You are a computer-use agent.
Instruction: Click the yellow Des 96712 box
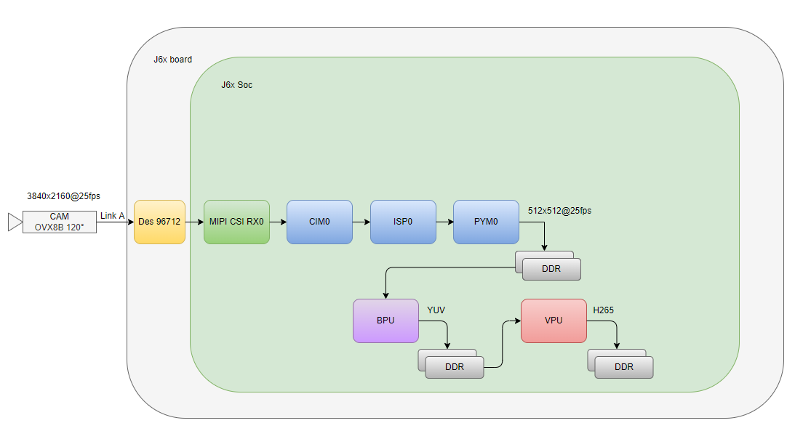click(159, 222)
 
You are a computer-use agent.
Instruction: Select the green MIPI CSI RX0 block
click(236, 222)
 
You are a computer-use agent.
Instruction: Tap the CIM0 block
click(319, 222)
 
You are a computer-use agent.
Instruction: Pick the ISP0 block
click(403, 222)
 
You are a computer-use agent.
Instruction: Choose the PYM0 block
click(486, 222)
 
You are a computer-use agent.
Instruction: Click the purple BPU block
click(385, 321)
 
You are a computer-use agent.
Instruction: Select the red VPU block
click(554, 321)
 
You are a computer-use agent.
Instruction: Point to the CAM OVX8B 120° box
click(59, 222)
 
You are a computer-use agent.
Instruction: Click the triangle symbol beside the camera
click(15, 222)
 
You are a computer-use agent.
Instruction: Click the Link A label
click(112, 216)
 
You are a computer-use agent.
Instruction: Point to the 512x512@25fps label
click(560, 211)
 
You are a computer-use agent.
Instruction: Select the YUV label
click(436, 310)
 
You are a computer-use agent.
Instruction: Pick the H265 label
click(604, 310)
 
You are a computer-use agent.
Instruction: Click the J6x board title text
click(173, 60)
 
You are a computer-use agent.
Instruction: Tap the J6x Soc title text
click(237, 85)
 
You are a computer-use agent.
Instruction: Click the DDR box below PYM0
click(551, 269)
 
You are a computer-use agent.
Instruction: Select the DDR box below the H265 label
click(623, 367)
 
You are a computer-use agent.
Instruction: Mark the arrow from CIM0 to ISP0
click(361, 222)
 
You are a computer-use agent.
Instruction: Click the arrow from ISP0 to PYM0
click(444, 222)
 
